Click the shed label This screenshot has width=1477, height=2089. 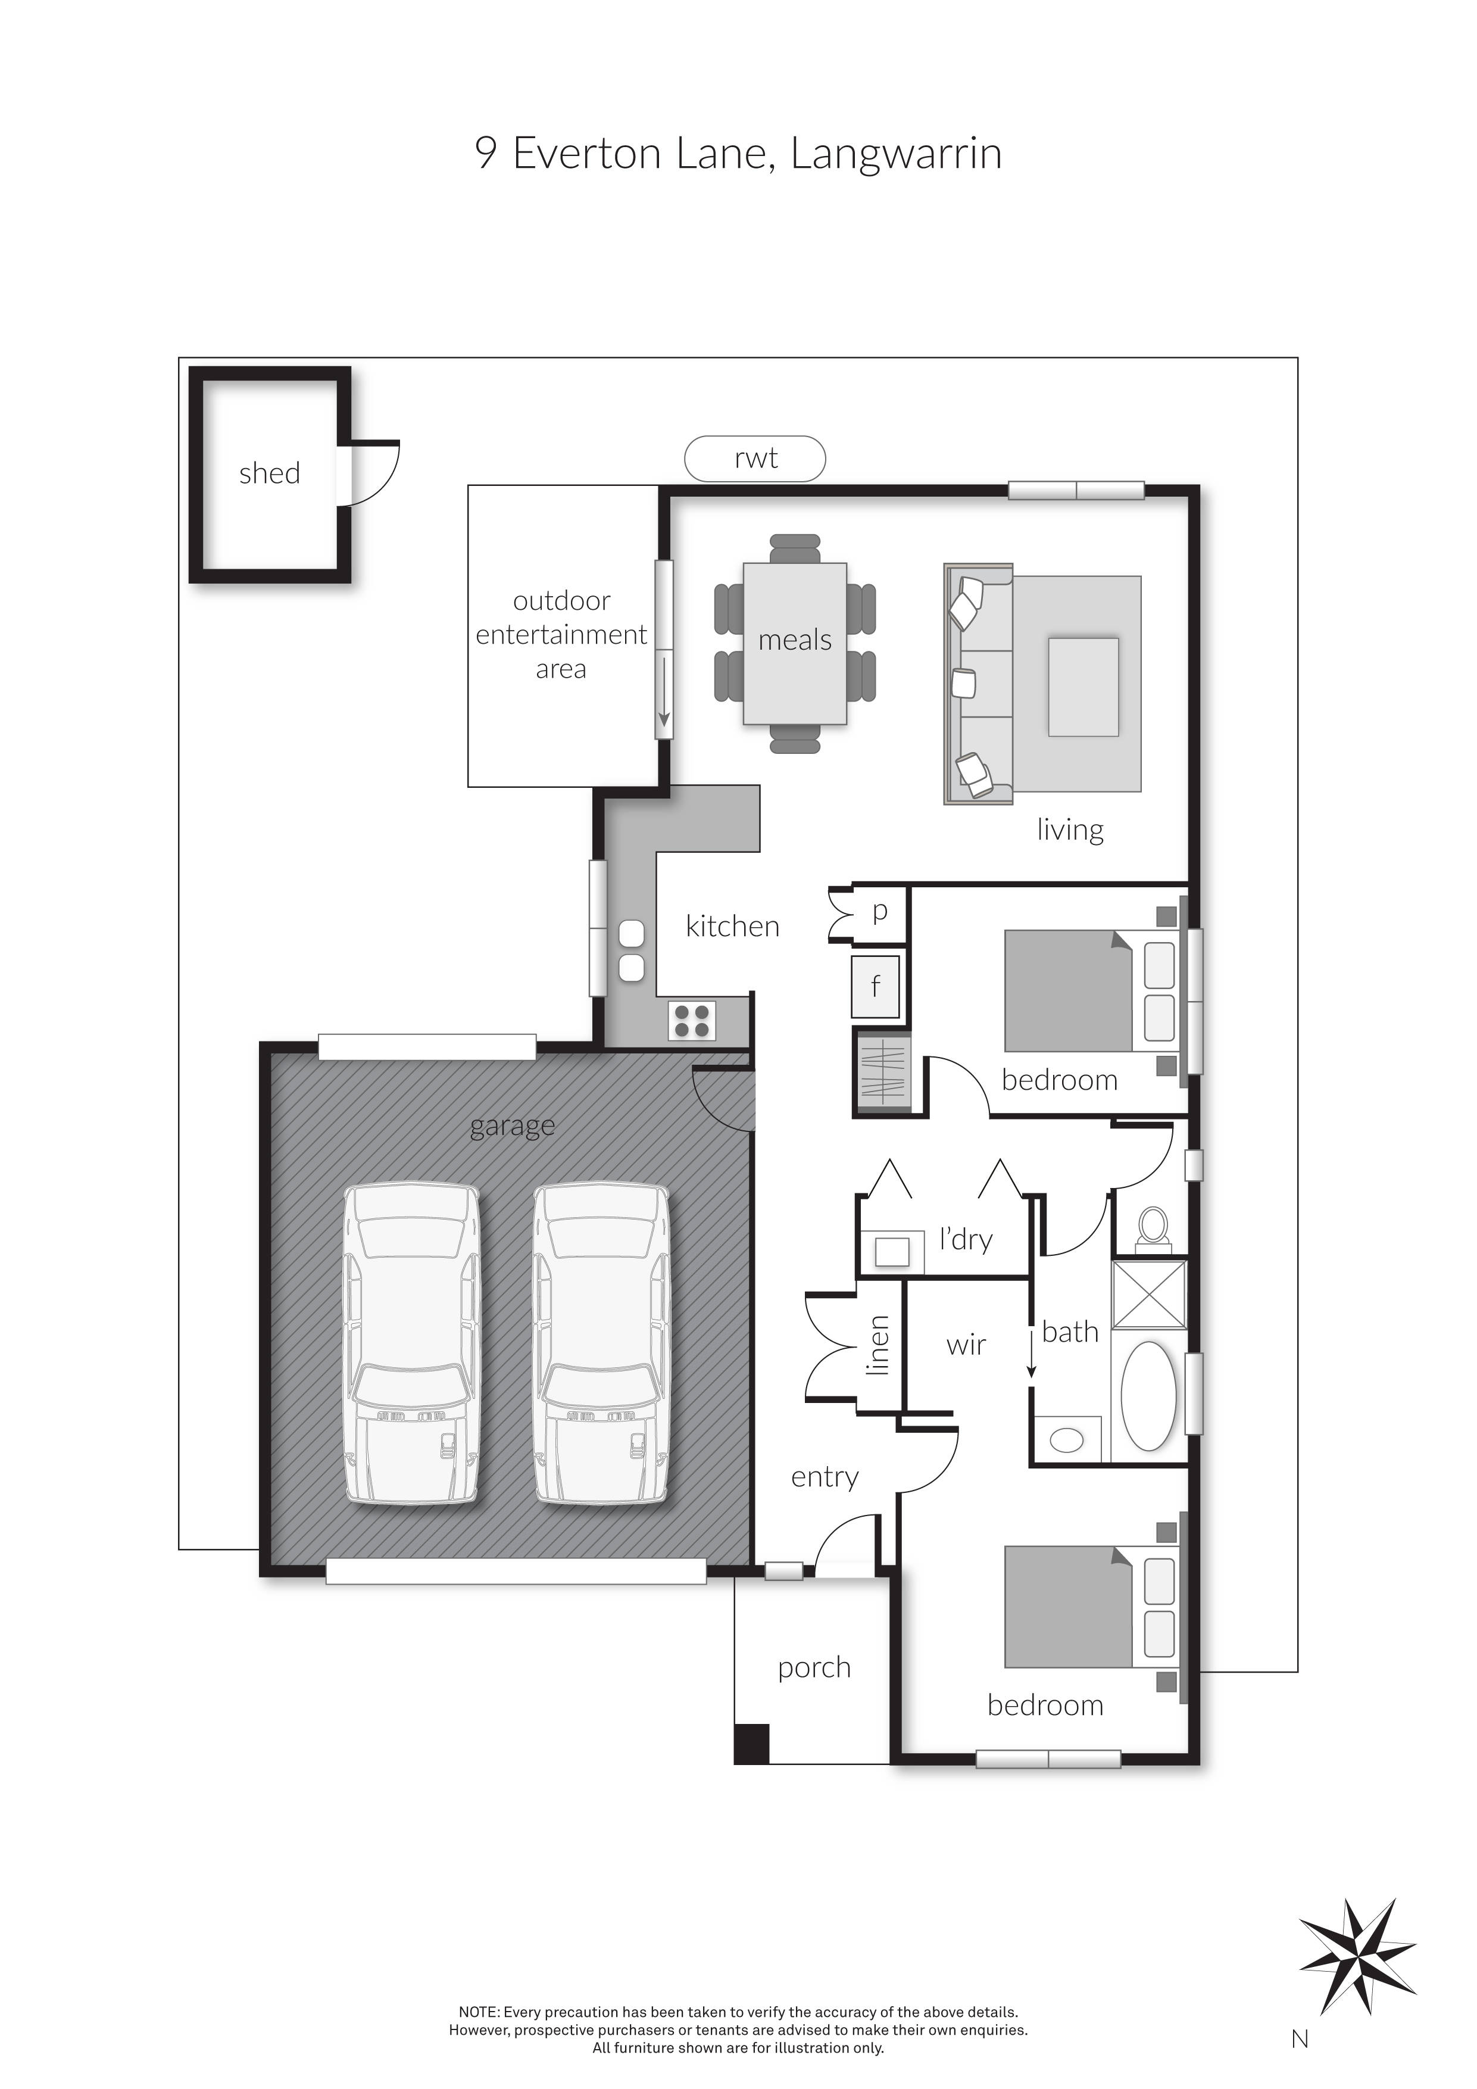(269, 473)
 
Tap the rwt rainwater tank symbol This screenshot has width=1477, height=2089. (755, 458)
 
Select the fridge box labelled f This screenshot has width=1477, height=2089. (875, 986)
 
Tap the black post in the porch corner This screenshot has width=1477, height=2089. (751, 1744)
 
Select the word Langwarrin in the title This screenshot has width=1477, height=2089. (896, 153)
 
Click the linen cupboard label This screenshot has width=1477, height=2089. (878, 1345)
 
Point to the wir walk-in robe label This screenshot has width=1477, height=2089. (966, 1345)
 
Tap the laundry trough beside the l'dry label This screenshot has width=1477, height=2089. (891, 1252)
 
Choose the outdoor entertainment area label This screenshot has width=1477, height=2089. (561, 634)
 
